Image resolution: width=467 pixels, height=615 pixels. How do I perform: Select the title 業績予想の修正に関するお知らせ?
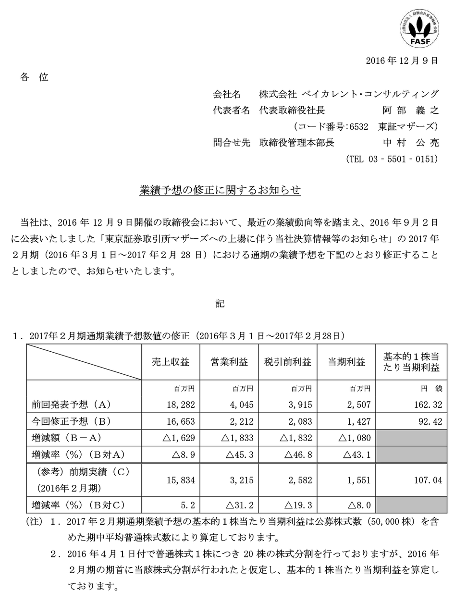(x=220, y=190)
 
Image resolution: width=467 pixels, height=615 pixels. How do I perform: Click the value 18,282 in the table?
(x=181, y=405)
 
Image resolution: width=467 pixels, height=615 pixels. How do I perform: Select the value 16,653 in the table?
(x=181, y=421)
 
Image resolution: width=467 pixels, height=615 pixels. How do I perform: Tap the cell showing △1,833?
(x=237, y=438)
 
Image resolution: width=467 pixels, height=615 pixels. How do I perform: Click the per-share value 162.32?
(x=424, y=405)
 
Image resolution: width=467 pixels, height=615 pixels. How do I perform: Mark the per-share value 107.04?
(x=424, y=480)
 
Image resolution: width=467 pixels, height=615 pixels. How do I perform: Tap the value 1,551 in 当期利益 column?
(x=359, y=480)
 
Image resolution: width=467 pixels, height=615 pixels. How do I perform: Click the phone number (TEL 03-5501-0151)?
(x=392, y=159)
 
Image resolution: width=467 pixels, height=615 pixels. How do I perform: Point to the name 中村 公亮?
(x=411, y=143)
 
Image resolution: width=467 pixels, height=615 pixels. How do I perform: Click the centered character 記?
(x=220, y=304)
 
